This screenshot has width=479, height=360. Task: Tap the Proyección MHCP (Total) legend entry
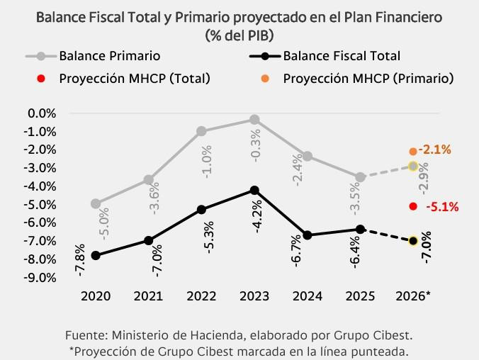pyautogui.click(x=135, y=78)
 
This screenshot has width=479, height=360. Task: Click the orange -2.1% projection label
pyautogui.click(x=435, y=150)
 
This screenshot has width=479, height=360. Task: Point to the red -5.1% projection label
pyautogui.click(x=443, y=207)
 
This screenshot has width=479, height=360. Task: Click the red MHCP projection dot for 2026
pyautogui.click(x=413, y=206)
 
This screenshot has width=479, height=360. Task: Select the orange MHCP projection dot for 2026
pyautogui.click(x=413, y=151)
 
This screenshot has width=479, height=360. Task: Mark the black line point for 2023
pyautogui.click(x=254, y=190)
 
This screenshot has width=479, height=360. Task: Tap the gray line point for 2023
pyautogui.click(x=254, y=119)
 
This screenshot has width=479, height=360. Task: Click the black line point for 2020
pyautogui.click(x=95, y=255)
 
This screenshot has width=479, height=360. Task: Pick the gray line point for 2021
pyautogui.click(x=148, y=179)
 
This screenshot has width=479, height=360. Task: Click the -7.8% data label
pyautogui.click(x=79, y=259)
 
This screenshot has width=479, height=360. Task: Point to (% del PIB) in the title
pyautogui.click(x=239, y=34)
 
